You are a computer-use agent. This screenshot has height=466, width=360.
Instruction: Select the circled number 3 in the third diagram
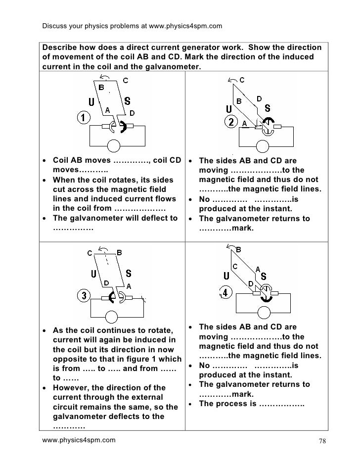[84, 296]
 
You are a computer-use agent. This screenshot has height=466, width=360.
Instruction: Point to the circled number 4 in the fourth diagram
[226, 293]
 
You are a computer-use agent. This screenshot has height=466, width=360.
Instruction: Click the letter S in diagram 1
[128, 101]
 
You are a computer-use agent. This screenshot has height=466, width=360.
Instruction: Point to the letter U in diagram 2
[228, 108]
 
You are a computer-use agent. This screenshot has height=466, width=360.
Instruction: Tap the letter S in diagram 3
[128, 274]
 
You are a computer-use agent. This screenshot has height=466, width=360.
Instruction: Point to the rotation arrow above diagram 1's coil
[104, 76]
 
